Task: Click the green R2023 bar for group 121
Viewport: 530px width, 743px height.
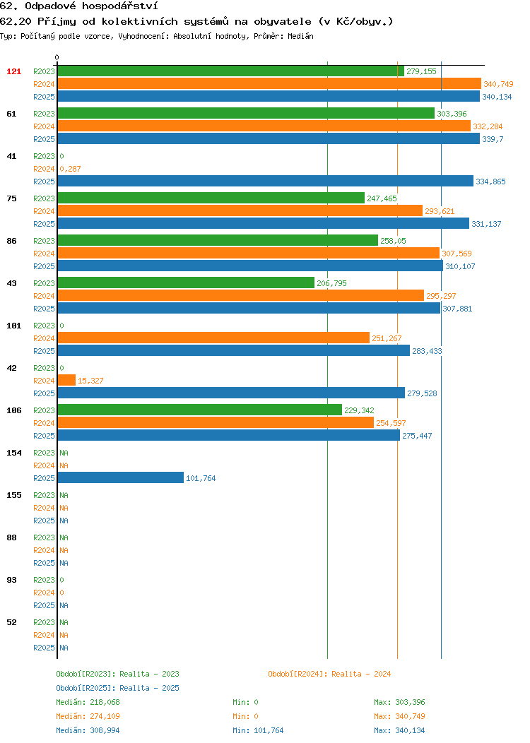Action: (x=231, y=71)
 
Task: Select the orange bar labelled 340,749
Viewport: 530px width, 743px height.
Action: (x=269, y=84)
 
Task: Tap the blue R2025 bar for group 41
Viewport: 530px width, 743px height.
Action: (x=266, y=181)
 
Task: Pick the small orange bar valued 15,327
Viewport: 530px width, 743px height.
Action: (x=66, y=380)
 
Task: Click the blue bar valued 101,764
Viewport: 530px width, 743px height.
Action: (x=120, y=477)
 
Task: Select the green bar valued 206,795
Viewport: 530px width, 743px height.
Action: (x=186, y=283)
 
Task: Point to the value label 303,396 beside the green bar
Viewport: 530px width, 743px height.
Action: (x=452, y=114)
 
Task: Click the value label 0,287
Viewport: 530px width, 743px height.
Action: (x=70, y=169)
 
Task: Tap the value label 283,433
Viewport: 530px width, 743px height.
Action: (x=427, y=351)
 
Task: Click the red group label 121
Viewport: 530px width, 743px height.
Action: (x=13, y=71)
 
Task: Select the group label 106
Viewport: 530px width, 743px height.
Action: (x=13, y=410)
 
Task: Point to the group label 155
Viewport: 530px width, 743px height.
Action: (x=13, y=495)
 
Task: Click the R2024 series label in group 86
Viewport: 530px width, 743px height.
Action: (x=44, y=254)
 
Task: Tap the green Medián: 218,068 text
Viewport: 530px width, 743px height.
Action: (x=88, y=702)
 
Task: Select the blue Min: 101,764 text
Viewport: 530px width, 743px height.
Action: (x=258, y=731)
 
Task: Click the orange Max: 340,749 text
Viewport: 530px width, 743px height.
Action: (x=399, y=716)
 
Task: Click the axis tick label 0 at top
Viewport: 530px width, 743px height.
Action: (x=57, y=58)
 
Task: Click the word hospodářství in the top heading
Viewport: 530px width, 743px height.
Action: (x=120, y=6)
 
